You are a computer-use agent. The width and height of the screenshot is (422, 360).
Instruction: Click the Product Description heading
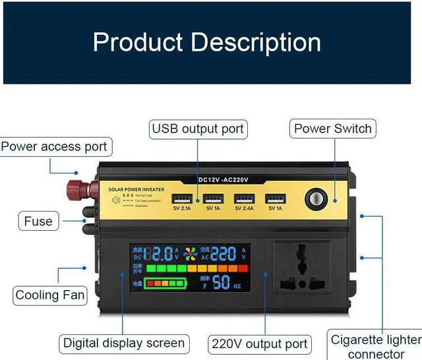coord(206,42)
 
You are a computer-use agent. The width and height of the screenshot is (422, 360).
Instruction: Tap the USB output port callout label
coord(197,129)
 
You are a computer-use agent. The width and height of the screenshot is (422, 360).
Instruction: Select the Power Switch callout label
coord(332,129)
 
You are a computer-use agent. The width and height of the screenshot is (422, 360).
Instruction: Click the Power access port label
coord(54,146)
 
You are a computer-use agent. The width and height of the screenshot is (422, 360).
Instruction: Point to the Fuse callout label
coord(38,222)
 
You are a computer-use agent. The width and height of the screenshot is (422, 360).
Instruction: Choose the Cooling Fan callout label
coord(50,295)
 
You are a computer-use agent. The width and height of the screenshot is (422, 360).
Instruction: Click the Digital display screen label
coord(124,343)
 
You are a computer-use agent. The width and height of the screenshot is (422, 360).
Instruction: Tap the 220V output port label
coord(260,344)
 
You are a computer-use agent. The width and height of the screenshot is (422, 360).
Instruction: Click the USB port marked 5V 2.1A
coord(182,198)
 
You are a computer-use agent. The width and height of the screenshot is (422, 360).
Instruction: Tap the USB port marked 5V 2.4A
coord(243,198)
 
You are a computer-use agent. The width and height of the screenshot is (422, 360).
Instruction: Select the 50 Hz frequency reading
coord(222,283)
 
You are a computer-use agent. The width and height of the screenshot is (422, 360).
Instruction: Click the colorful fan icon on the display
coord(191,255)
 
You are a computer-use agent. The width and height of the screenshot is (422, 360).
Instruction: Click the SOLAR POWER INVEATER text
coord(136,189)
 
